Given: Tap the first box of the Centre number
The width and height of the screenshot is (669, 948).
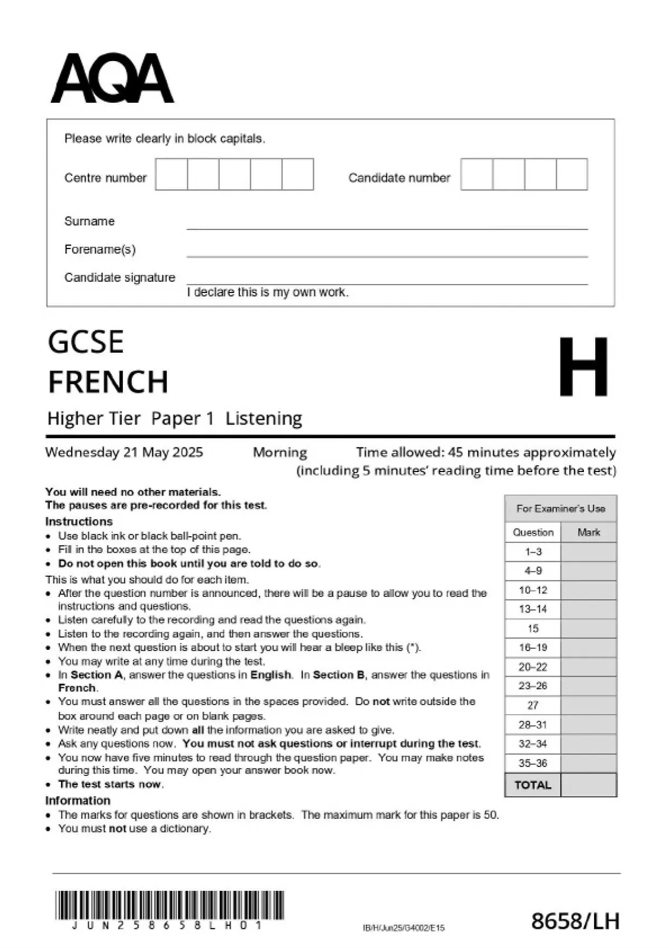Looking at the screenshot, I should (x=171, y=174).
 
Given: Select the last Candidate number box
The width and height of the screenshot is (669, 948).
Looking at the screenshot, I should (x=571, y=174).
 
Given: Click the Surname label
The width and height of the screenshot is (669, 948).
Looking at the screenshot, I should (x=89, y=221).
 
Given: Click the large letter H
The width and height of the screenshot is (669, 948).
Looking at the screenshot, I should (x=583, y=366).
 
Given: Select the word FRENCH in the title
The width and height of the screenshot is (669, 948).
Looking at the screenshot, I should (x=108, y=382).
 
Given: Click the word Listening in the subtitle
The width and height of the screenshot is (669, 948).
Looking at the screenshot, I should (x=263, y=418).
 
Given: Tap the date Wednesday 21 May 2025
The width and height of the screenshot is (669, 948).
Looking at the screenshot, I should (x=124, y=452).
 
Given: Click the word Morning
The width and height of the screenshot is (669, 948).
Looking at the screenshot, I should (x=280, y=452).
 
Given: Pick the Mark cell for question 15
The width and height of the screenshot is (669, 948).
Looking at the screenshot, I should (x=588, y=628).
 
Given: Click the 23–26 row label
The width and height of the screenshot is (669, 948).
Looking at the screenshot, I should (x=533, y=686).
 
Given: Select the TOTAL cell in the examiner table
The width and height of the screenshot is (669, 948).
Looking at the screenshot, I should (x=533, y=785).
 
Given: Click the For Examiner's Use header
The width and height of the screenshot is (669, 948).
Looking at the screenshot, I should (x=560, y=509).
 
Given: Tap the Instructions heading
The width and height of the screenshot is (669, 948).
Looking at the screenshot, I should (x=79, y=521).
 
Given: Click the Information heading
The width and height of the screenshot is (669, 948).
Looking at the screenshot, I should (x=77, y=800).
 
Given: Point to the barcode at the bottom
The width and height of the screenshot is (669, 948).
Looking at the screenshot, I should (x=169, y=905).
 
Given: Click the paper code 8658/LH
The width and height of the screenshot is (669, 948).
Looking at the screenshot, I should (x=575, y=921).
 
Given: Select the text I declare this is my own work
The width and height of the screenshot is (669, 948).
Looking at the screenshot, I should (x=268, y=292).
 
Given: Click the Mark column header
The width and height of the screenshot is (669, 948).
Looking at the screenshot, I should (x=588, y=533).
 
